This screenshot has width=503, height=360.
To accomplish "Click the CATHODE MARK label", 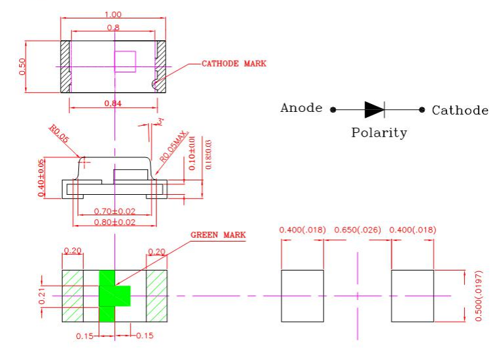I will point(233,64).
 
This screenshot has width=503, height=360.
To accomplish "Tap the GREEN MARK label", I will point(218,235).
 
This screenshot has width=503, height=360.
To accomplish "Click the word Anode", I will point(301,108).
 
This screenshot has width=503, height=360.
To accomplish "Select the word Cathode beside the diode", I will point(460,110).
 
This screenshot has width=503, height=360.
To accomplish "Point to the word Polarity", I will point(379,132).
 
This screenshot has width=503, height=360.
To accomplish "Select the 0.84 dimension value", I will point(113,103).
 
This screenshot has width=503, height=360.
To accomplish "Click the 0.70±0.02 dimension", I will point(114,211).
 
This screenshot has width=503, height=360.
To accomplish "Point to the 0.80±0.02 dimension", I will point(114,222).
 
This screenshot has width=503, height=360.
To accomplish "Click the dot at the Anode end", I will point(333,110).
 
